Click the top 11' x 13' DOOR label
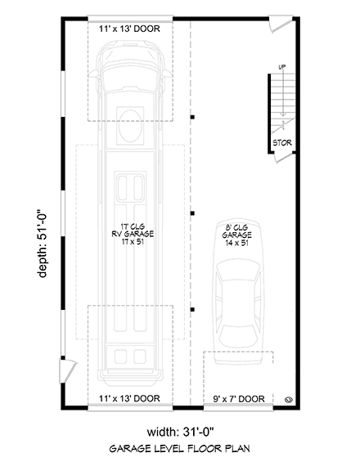pos(129,29)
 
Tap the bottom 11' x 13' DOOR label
pos(129,398)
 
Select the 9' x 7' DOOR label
pos(239,399)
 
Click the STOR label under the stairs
pos(282,143)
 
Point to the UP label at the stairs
pos(282,67)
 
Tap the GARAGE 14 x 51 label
pos(236,239)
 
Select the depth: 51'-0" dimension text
pos(43,242)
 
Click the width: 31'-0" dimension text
pos(180,432)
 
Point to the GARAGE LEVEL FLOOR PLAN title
pos(180,449)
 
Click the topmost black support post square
pos(192,117)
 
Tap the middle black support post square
pos(192,213)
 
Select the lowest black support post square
pos(192,310)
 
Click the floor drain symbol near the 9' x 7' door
pos(289,400)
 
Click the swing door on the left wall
pos(68,371)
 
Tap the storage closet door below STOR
pos(284,158)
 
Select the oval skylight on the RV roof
pos(130,126)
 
